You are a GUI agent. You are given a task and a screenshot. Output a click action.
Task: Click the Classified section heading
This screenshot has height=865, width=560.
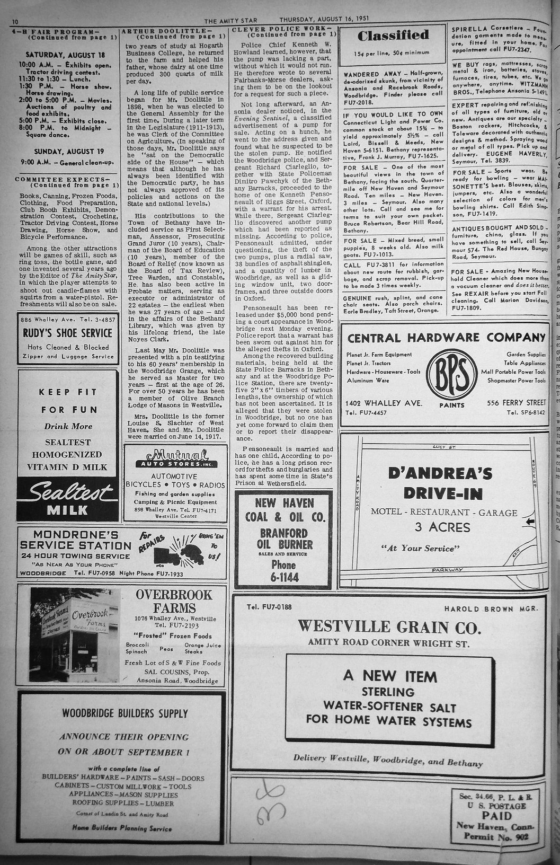[x=393, y=36]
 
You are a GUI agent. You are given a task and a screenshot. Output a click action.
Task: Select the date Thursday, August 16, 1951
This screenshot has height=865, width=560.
[x=324, y=19]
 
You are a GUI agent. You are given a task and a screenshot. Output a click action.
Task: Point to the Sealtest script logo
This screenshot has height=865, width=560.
[x=67, y=493]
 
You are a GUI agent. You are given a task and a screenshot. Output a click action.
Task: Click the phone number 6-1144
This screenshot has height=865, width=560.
[x=285, y=577]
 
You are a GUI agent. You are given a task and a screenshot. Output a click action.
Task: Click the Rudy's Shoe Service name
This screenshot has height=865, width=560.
[x=67, y=333]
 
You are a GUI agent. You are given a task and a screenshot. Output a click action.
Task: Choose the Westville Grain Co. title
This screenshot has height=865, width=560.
[x=389, y=627]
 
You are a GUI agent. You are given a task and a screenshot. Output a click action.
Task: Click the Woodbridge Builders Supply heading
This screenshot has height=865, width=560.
[x=125, y=713]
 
